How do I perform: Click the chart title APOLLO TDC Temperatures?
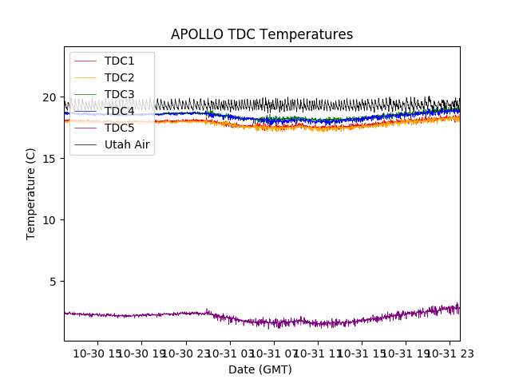[262, 34]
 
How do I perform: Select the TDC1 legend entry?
[119, 61]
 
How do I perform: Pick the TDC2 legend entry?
[119, 77]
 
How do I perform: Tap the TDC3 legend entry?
[119, 94]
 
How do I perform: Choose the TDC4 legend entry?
[119, 111]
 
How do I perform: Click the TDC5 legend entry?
[119, 128]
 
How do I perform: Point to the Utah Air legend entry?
[127, 144]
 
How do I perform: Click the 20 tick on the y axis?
[50, 97]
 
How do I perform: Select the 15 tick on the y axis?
[50, 159]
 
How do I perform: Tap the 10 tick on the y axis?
[50, 220]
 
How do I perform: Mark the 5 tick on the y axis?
[53, 282]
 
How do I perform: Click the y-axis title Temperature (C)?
[31, 194]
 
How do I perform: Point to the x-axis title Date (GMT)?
[260, 369]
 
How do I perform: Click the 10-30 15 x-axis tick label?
[98, 354]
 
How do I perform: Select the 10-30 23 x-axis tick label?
[186, 354]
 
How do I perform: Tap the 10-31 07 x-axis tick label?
[274, 354]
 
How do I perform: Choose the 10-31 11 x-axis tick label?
[318, 354]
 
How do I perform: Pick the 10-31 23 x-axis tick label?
[450, 354]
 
